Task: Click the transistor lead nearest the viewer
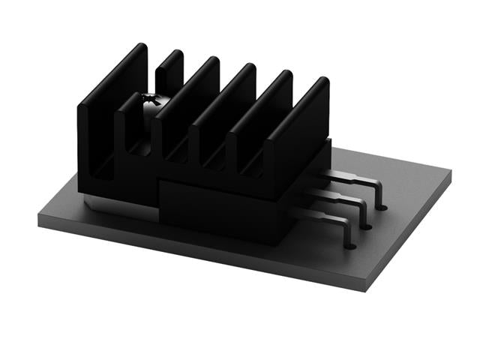[330, 220]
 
